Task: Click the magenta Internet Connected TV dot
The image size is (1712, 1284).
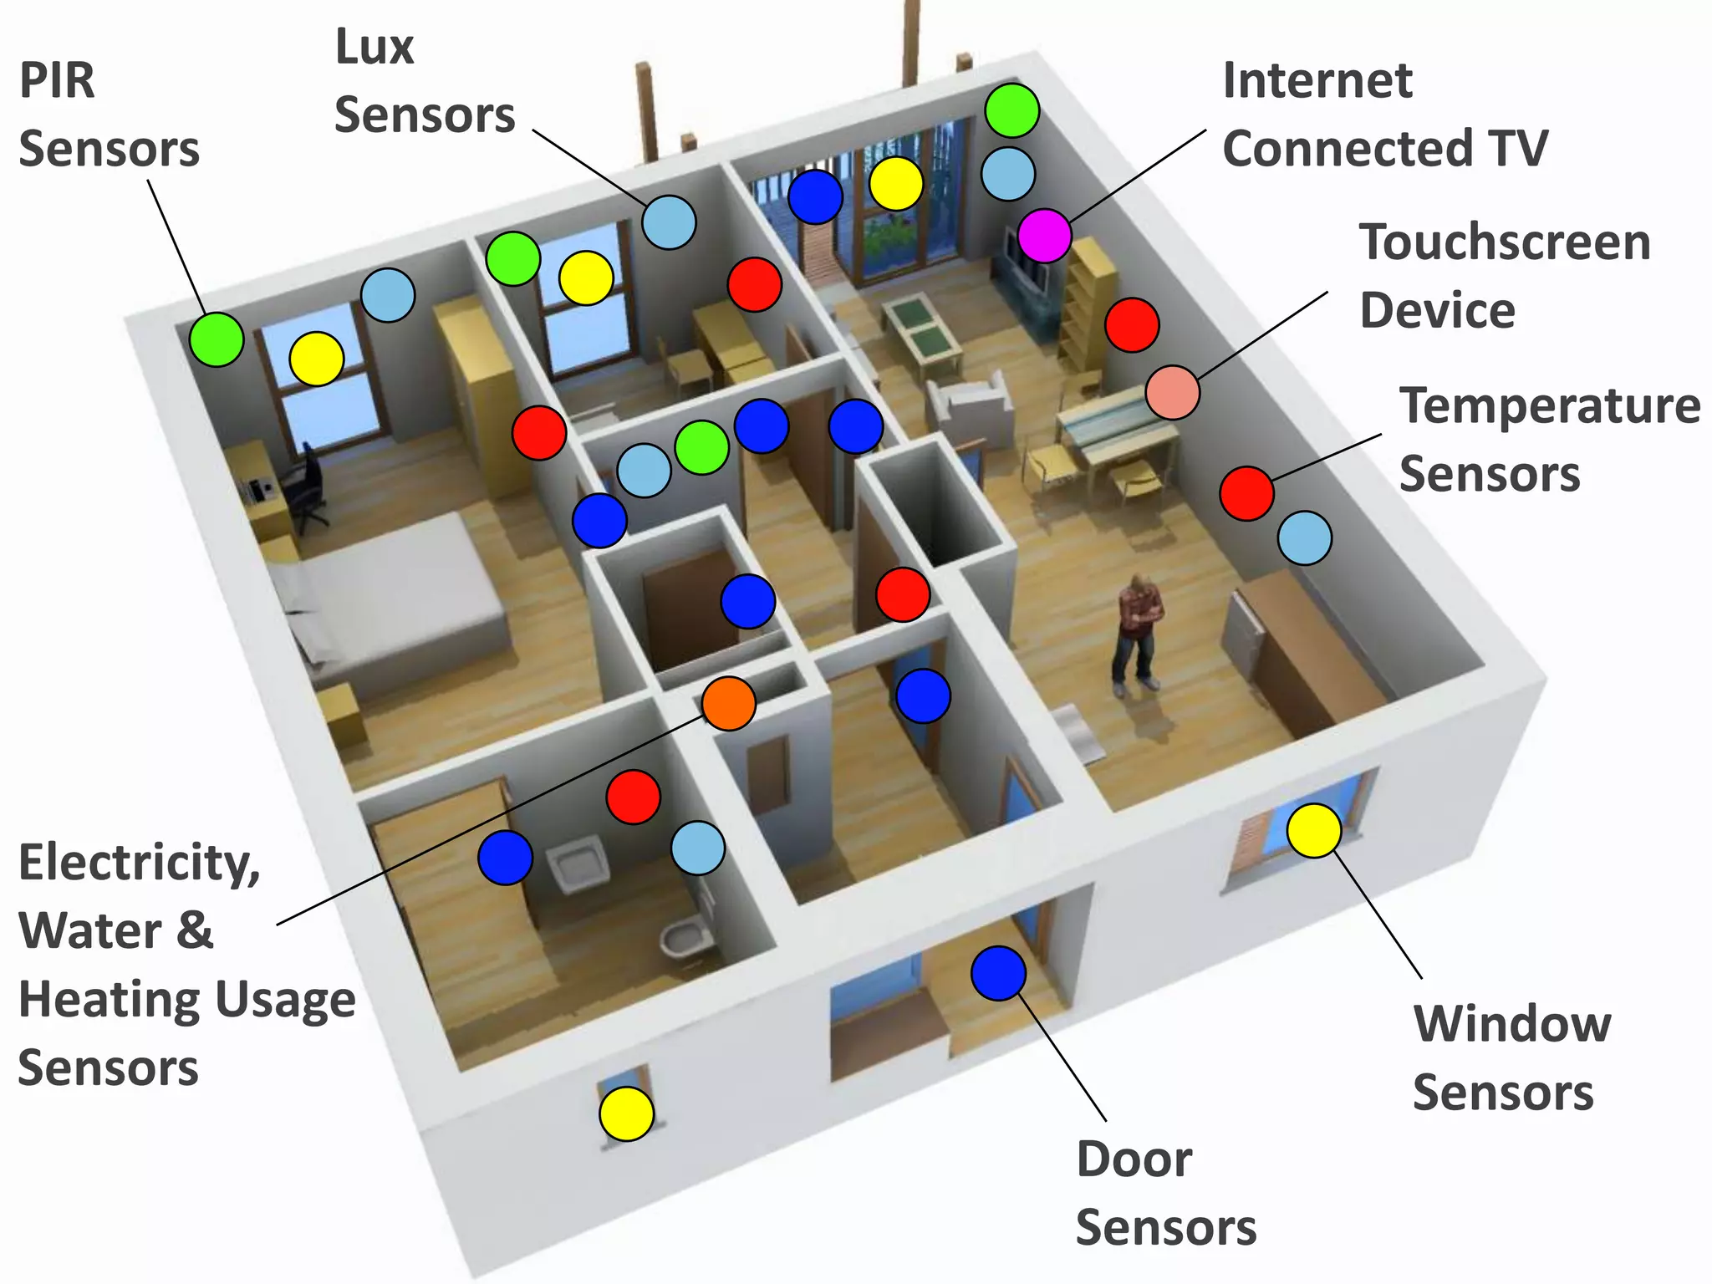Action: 1044,236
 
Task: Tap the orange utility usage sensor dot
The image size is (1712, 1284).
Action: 729,703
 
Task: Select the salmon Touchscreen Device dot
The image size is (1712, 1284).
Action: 1172,392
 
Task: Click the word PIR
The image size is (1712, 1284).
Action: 57,81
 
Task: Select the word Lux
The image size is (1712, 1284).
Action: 374,47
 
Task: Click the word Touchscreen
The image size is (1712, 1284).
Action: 1505,242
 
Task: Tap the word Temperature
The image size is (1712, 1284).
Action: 1549,406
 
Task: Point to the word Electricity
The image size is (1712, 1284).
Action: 139,863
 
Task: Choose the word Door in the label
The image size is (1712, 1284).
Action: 1134,1159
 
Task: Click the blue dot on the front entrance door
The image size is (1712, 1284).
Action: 998,973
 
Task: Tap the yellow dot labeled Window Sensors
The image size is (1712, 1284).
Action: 1313,830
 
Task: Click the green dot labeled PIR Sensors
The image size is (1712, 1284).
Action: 216,339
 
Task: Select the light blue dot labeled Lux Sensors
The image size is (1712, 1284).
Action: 669,222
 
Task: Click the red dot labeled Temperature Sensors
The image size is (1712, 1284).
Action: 1246,493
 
